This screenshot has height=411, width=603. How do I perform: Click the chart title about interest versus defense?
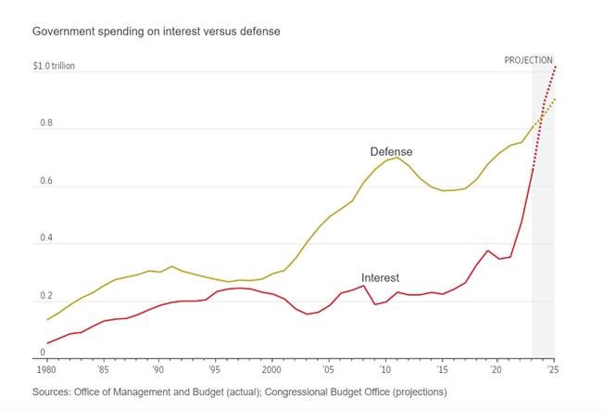[157, 32]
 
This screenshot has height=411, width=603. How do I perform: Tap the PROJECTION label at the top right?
[528, 60]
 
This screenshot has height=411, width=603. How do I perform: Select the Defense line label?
[391, 151]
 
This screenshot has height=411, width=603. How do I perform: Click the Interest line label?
[380, 277]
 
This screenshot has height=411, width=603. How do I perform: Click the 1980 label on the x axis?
[46, 369]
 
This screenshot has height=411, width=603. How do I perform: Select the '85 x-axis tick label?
[103, 369]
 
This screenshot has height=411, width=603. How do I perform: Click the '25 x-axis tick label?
[553, 369]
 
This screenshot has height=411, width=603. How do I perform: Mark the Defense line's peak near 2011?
[397, 158]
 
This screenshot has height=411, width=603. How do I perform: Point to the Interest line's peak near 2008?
[364, 285]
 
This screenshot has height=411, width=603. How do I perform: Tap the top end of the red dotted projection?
[555, 67]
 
